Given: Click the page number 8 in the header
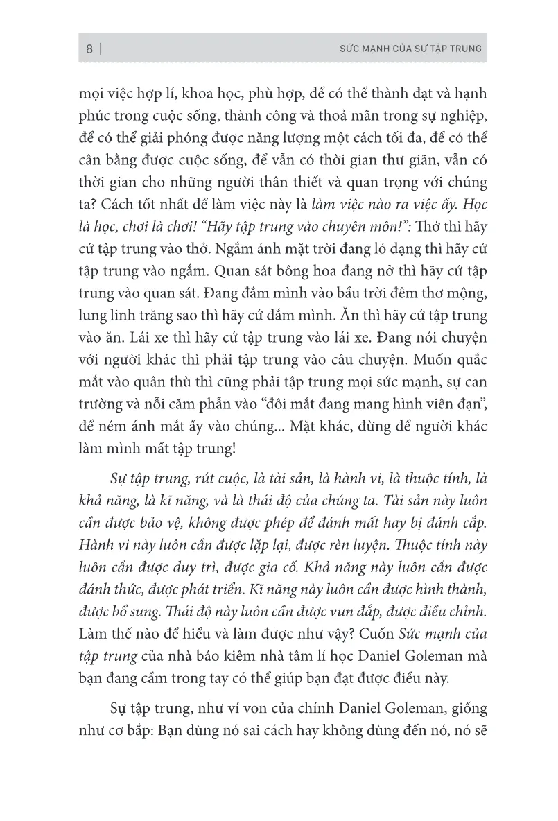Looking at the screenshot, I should click(89, 49).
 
